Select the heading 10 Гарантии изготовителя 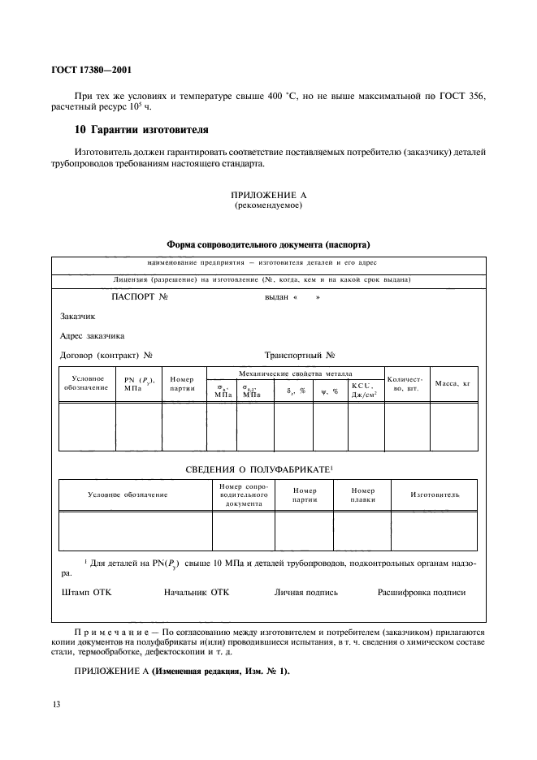(130, 129)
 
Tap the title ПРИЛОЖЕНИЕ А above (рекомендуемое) (268, 196)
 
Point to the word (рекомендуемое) (268, 205)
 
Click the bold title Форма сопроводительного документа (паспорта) (268, 244)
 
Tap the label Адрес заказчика (93, 335)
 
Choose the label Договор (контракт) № (107, 355)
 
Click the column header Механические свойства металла (295, 373)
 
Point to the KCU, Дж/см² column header (365, 389)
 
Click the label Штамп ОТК (86, 592)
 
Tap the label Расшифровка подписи (422, 592)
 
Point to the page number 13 (56, 704)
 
